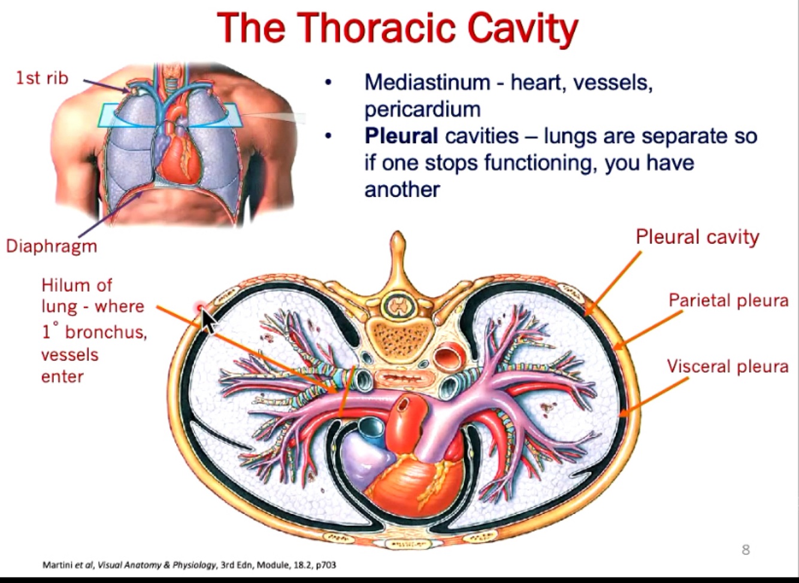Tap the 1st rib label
click(x=43, y=78)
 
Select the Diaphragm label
click(x=52, y=246)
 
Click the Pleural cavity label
click(x=697, y=237)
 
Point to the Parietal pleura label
click(x=728, y=300)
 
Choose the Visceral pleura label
click(x=728, y=365)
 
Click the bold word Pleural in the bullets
click(x=401, y=136)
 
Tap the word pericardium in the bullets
click(x=422, y=109)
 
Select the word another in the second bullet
click(x=402, y=189)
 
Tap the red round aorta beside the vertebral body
click(x=445, y=358)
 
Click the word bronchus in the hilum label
click(x=106, y=331)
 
